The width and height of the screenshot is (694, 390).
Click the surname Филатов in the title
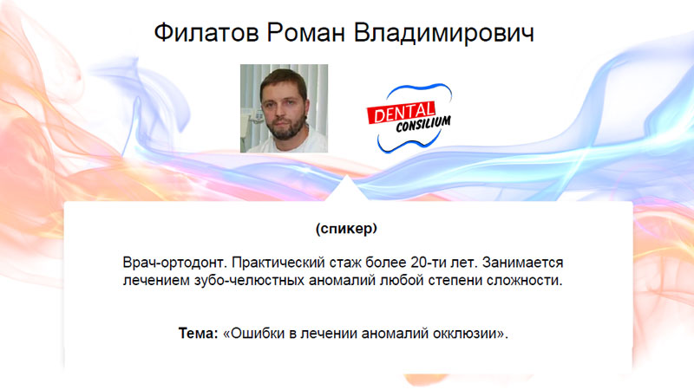[206, 32]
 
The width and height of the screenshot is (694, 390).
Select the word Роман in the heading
[305, 32]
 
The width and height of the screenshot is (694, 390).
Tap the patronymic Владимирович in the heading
[444, 32]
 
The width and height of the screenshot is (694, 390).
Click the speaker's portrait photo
[285, 108]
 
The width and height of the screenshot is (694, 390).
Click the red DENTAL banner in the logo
[402, 113]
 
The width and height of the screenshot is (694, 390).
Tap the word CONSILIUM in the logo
[423, 124]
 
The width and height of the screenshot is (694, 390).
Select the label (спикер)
[346, 228]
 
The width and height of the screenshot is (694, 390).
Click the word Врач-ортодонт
[175, 263]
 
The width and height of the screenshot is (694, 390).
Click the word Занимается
[523, 263]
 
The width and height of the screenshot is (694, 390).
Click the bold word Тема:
[199, 333]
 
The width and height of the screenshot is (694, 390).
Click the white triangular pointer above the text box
[347, 189]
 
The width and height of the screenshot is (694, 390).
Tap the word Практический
[278, 263]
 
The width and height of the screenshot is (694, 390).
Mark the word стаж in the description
[345, 263]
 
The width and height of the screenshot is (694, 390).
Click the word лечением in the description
[156, 280]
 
